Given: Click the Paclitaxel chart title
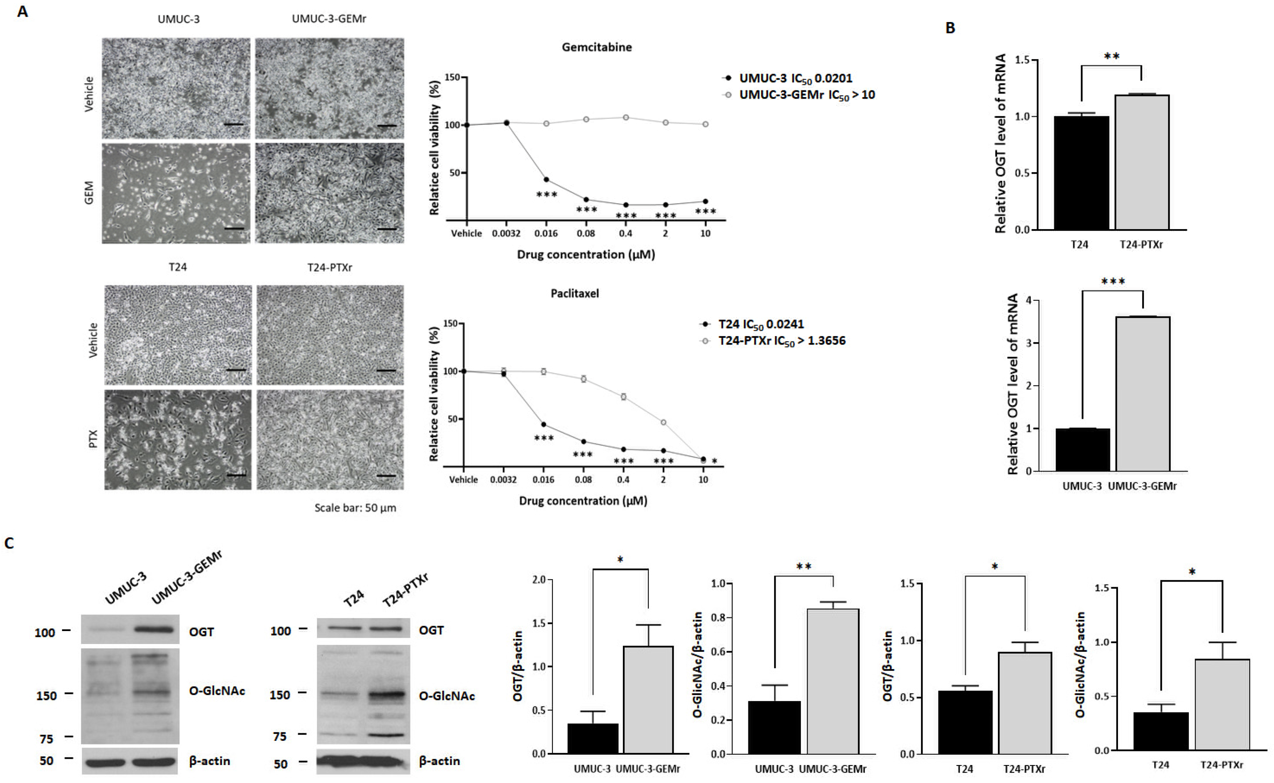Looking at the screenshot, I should point(575,294).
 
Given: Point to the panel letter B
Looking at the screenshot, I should point(950,28).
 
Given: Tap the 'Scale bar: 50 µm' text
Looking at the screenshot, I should point(355,508).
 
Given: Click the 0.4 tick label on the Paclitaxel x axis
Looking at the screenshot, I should point(623,479).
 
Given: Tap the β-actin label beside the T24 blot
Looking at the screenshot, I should point(439,761).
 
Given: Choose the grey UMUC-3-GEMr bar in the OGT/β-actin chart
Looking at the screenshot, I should point(648,699).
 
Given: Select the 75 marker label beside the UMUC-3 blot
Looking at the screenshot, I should point(47,739).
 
